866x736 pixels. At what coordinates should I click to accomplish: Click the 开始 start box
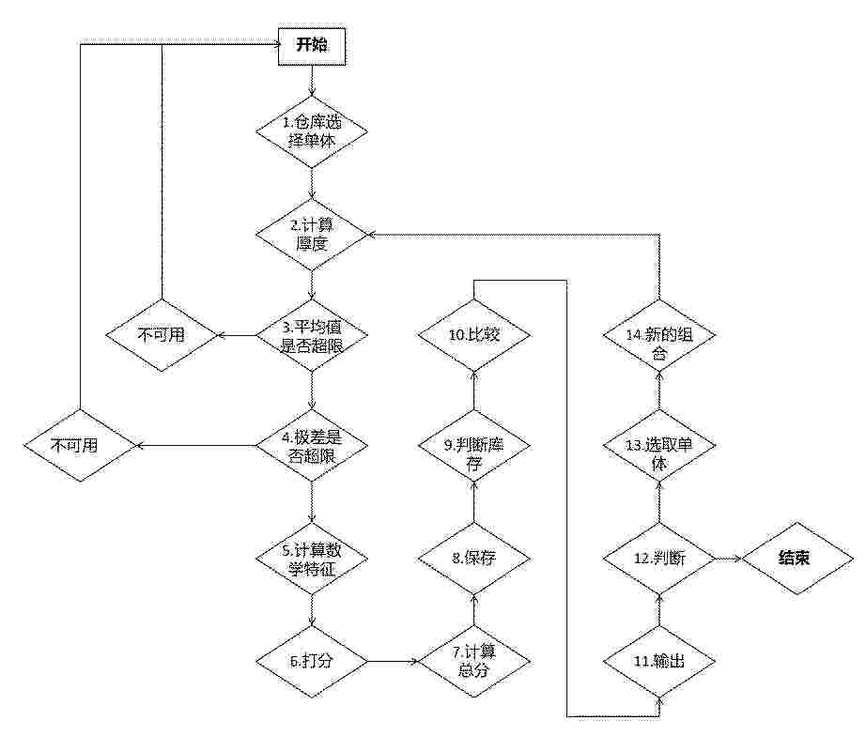pos(312,45)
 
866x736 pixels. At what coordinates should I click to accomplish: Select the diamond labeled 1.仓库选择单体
pos(312,132)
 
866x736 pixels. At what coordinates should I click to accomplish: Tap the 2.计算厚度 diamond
pos(312,234)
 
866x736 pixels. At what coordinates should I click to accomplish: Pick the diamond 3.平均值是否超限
pos(312,335)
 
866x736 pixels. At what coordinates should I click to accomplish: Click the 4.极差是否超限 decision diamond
pos(312,446)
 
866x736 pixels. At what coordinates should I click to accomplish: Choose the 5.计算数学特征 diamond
pos(312,559)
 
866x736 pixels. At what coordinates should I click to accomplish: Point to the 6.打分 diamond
pos(312,661)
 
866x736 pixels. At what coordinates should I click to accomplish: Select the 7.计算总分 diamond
pos(474,661)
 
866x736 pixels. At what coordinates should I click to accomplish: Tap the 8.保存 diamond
pos(474,559)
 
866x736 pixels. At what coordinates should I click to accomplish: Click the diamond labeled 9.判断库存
pos(474,446)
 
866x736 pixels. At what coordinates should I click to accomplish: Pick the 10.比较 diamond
pos(474,335)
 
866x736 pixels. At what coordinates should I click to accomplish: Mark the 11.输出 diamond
pos(658,661)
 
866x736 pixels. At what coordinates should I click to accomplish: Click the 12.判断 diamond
pos(658,559)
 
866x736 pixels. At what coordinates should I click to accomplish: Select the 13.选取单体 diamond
pos(658,446)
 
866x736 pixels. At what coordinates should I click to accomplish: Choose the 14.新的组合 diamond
pos(658,335)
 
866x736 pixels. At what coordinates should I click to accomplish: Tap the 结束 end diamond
pos(797,559)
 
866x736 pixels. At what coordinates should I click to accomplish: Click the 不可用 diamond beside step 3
pos(162,335)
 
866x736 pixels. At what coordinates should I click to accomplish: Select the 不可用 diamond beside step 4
pos(80,446)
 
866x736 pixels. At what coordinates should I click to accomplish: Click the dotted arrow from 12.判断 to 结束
pos(729,559)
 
